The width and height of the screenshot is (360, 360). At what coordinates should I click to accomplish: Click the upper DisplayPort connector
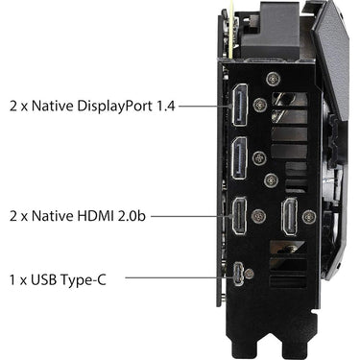pyautogui.click(x=240, y=105)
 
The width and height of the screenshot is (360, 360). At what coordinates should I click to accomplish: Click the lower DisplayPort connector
pyautogui.click(x=240, y=158)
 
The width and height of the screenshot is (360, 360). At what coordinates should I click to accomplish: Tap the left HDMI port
pyautogui.click(x=239, y=216)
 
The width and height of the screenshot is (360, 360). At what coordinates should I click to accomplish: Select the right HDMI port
pyautogui.click(x=289, y=216)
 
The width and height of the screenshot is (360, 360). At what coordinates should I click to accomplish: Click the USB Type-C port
pyautogui.click(x=238, y=274)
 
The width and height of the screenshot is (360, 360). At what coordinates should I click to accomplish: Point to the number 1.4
pyautogui.click(x=166, y=106)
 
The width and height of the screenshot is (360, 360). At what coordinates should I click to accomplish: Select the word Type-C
pyautogui.click(x=84, y=280)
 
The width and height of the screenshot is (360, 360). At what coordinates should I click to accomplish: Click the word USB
pyautogui.click(x=44, y=279)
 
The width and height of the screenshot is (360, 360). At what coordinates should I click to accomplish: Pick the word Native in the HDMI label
pyautogui.click(x=53, y=216)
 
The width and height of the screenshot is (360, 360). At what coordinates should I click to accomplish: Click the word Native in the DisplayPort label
pyautogui.click(x=53, y=106)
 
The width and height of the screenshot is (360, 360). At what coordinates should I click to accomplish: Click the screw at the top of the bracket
pyautogui.click(x=273, y=79)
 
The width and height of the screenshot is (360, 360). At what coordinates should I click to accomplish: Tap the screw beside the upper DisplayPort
pyautogui.click(x=260, y=105)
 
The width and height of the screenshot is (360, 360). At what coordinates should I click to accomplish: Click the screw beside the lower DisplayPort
pyautogui.click(x=259, y=158)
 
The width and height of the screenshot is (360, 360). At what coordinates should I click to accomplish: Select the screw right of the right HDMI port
pyautogui.click(x=309, y=217)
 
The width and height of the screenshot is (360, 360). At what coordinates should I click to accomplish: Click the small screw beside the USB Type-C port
pyautogui.click(x=249, y=274)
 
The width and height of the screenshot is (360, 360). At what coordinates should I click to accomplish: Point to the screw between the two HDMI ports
pyautogui.click(x=259, y=216)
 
